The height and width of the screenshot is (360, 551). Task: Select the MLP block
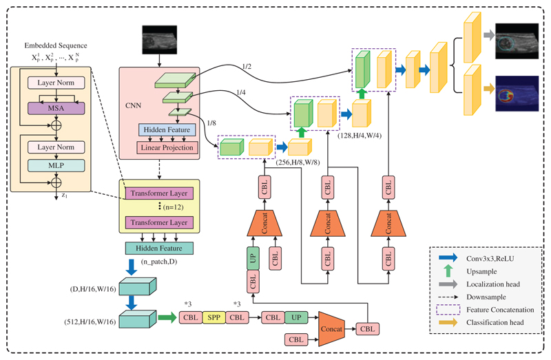pos(55,167)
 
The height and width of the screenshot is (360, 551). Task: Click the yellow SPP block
pos(213,318)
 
